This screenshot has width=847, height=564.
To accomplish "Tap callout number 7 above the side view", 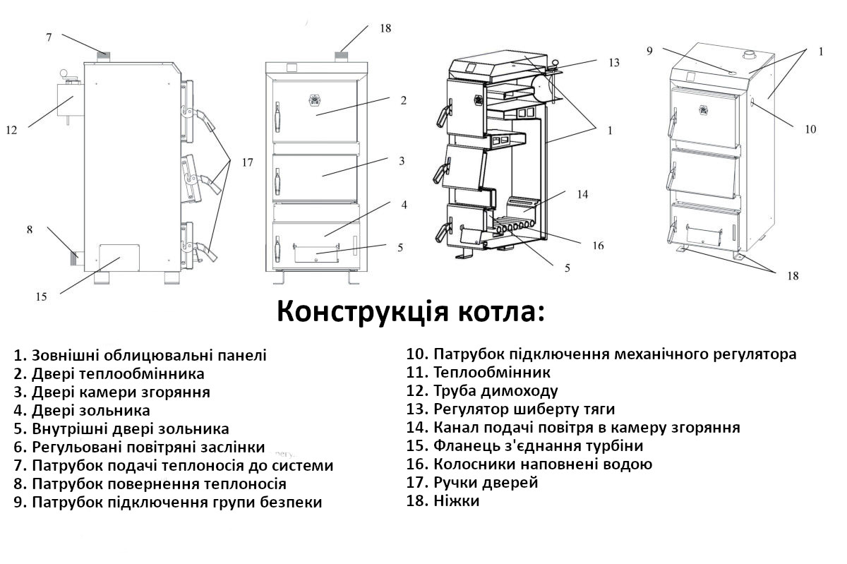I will tap(49, 37).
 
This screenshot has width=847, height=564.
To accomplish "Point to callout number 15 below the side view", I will tap(42, 296).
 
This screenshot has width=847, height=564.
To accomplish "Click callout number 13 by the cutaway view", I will tap(613, 62).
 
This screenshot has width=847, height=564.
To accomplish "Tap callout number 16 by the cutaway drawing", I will tap(598, 246).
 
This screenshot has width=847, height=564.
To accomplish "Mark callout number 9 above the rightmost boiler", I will tap(649, 50).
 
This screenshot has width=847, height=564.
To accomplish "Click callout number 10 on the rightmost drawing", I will tap(810, 129).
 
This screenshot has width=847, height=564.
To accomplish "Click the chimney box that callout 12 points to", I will tap(70, 100).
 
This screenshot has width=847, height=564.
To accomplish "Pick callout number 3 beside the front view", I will tap(401, 161).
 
